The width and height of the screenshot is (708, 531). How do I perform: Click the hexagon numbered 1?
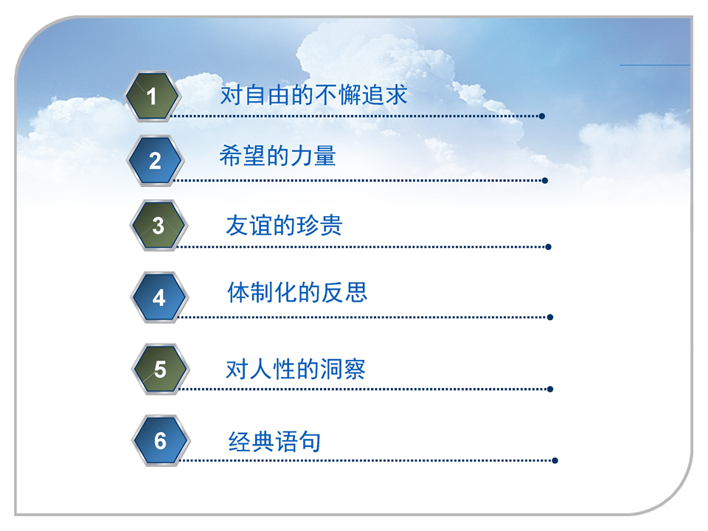153,96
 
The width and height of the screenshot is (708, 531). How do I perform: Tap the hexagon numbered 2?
156,161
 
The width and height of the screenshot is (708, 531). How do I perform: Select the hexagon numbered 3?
159,226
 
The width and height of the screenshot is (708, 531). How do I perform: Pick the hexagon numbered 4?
159,297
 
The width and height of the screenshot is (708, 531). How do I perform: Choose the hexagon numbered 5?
161,369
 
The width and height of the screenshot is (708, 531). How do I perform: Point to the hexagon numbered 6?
162,441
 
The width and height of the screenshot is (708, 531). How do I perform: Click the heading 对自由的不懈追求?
314,95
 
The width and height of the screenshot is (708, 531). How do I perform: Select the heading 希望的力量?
277,156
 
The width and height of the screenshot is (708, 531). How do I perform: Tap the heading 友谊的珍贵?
284,226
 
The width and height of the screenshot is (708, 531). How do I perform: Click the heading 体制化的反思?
297,292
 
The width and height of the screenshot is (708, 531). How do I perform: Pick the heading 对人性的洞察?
296,369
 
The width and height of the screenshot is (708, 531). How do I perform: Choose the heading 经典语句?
274,441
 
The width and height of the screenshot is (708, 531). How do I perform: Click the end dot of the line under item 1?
542,116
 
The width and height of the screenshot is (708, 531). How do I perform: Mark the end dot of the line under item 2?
545,181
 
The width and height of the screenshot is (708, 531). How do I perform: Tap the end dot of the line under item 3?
548,247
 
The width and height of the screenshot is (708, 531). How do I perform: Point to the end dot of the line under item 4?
550,317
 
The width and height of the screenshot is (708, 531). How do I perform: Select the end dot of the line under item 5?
550,389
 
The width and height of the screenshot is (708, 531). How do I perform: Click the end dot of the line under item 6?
555,460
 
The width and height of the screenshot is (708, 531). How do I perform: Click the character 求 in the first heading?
396,95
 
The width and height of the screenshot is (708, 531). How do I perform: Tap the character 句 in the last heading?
310,441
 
